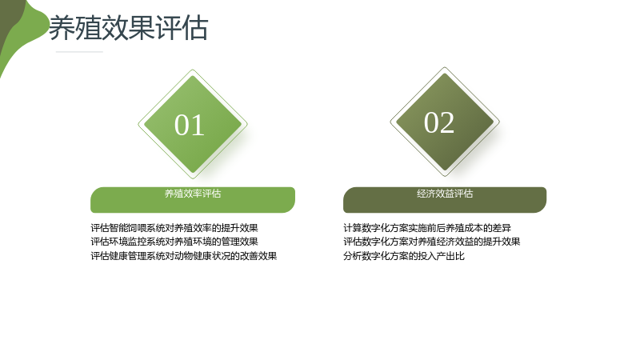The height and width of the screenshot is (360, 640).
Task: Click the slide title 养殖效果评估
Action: (129, 28)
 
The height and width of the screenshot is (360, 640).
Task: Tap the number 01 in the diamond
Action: (190, 125)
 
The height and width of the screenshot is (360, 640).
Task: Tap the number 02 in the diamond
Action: (439, 122)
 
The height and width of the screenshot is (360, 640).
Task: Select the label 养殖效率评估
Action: (193, 194)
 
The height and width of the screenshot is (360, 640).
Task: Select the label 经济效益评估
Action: (445, 194)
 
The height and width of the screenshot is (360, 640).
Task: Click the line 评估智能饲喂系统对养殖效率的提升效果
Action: (174, 228)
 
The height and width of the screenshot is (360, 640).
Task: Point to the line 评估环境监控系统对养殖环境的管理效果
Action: (174, 242)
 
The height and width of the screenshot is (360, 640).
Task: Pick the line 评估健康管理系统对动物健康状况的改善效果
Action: (184, 256)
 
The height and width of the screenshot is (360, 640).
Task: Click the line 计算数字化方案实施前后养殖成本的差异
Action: (427, 228)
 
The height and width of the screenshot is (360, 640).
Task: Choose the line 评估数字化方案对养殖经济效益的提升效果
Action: (432, 242)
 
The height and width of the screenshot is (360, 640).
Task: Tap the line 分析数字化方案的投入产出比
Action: (404, 256)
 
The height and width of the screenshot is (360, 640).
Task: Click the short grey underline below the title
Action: (79, 52)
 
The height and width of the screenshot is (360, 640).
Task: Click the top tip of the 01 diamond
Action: (193, 70)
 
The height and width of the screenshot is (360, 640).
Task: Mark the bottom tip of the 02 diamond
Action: (445, 176)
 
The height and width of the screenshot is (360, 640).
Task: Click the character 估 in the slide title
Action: (195, 28)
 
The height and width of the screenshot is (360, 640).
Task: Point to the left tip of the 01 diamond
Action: (138, 124)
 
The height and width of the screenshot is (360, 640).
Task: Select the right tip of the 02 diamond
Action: (499, 122)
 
